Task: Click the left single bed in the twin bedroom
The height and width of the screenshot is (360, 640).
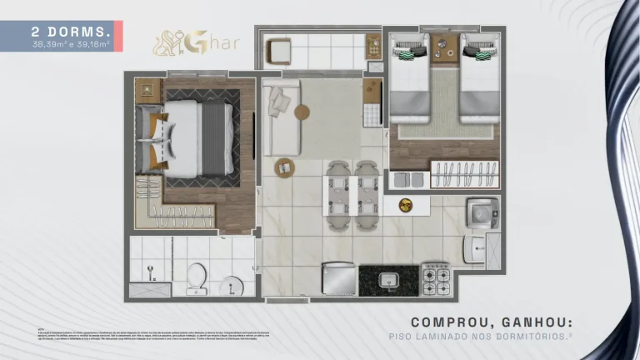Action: (408, 79)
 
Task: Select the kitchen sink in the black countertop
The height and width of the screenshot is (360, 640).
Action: (388, 280)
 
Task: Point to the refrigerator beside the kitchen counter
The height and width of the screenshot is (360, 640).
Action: (340, 278)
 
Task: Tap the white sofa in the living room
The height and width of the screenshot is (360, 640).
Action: (281, 121)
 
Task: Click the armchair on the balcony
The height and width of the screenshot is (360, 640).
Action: (278, 52)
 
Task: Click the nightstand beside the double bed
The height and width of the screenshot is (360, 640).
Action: (150, 89)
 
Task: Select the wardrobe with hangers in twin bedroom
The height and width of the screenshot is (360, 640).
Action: (464, 176)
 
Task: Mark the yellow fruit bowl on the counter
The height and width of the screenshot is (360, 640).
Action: (406, 204)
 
